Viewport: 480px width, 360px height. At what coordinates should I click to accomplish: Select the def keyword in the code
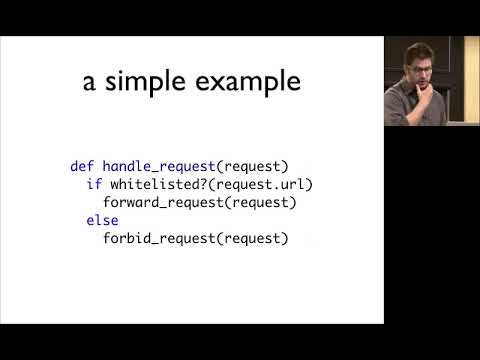pos(81,166)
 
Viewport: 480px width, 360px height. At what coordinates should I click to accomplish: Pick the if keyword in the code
pos(93,184)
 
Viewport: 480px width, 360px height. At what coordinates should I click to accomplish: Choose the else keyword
pos(102,220)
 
